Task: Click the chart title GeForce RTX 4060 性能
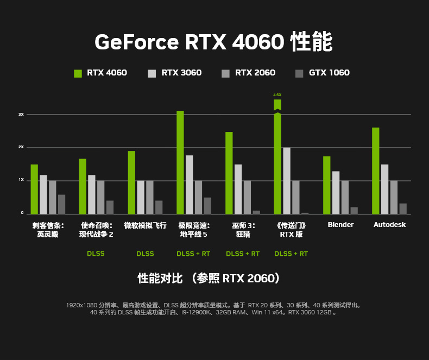[x=214, y=42]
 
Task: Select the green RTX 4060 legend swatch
[x=78, y=73]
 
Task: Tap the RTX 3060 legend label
[x=181, y=73]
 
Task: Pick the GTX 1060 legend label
[x=329, y=73]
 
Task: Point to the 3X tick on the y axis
[x=21, y=115]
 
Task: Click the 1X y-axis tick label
[x=21, y=180]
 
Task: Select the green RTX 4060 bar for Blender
[x=326, y=185]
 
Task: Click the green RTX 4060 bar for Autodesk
[x=375, y=170]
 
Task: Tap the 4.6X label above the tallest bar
[x=277, y=95]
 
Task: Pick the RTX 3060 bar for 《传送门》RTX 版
[x=287, y=180]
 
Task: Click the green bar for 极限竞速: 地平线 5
[x=180, y=162]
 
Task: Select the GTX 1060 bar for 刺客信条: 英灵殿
[x=61, y=204]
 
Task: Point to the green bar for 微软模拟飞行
[x=131, y=182]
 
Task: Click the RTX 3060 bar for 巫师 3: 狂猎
[x=238, y=189]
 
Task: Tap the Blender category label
[x=340, y=225]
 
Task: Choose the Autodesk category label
[x=389, y=225]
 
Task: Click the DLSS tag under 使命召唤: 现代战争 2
[x=96, y=254]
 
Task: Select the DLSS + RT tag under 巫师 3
[x=243, y=254]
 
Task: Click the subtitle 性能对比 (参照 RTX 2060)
[x=209, y=279]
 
